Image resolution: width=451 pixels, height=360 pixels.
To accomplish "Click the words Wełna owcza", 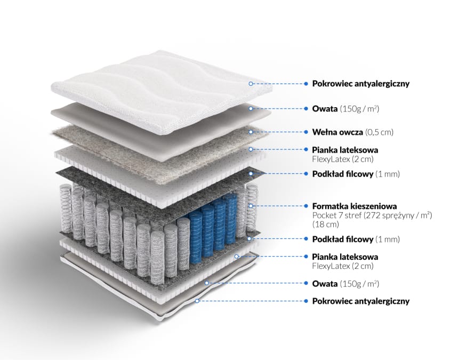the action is coord(337,132).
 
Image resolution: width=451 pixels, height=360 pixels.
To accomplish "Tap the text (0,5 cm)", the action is coord(379,132).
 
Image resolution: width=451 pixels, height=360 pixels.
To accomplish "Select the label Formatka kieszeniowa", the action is coord(355,206).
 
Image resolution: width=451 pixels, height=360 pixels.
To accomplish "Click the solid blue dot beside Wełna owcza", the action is coord(306,132).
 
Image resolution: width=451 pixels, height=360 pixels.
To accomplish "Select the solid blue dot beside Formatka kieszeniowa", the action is coord(306,206).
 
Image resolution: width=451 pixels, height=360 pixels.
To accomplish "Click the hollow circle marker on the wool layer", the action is coord(251,132).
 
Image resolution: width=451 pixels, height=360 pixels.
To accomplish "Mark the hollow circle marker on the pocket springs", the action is coord(251,206).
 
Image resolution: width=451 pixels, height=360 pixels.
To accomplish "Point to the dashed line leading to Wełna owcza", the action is coord(278,132).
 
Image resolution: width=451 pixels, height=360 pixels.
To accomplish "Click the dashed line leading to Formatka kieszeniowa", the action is coord(278,206).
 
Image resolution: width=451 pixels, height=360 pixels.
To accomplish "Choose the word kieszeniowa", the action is coord(374,206).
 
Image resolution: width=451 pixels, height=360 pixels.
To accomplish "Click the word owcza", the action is coord(351,133).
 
